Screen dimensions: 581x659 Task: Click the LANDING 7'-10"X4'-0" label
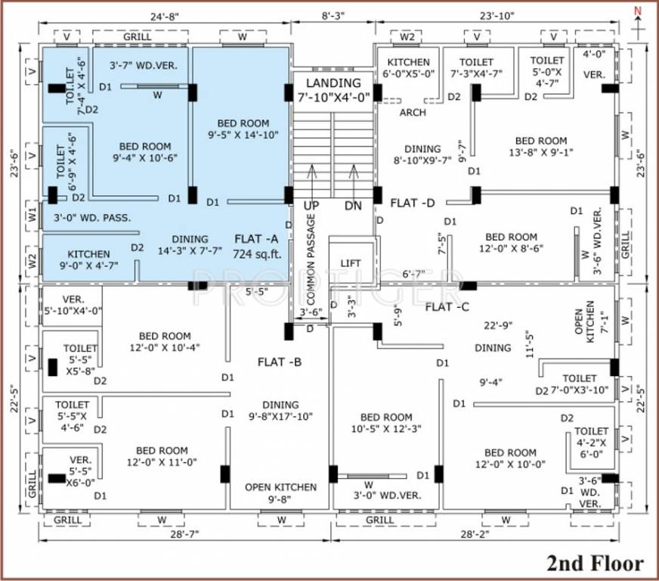click(x=333, y=89)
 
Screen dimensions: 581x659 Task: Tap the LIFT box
click(x=351, y=263)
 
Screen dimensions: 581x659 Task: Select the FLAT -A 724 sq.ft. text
click(x=256, y=246)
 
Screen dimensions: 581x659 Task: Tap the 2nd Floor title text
click(x=595, y=563)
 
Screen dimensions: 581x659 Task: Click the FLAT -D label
click(x=415, y=203)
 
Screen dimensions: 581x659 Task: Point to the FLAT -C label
click(x=449, y=306)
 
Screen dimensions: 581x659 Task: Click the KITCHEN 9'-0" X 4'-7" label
click(x=89, y=259)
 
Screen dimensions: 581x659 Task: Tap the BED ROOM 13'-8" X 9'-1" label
click(x=541, y=147)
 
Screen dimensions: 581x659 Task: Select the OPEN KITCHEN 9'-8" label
click(x=280, y=493)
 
